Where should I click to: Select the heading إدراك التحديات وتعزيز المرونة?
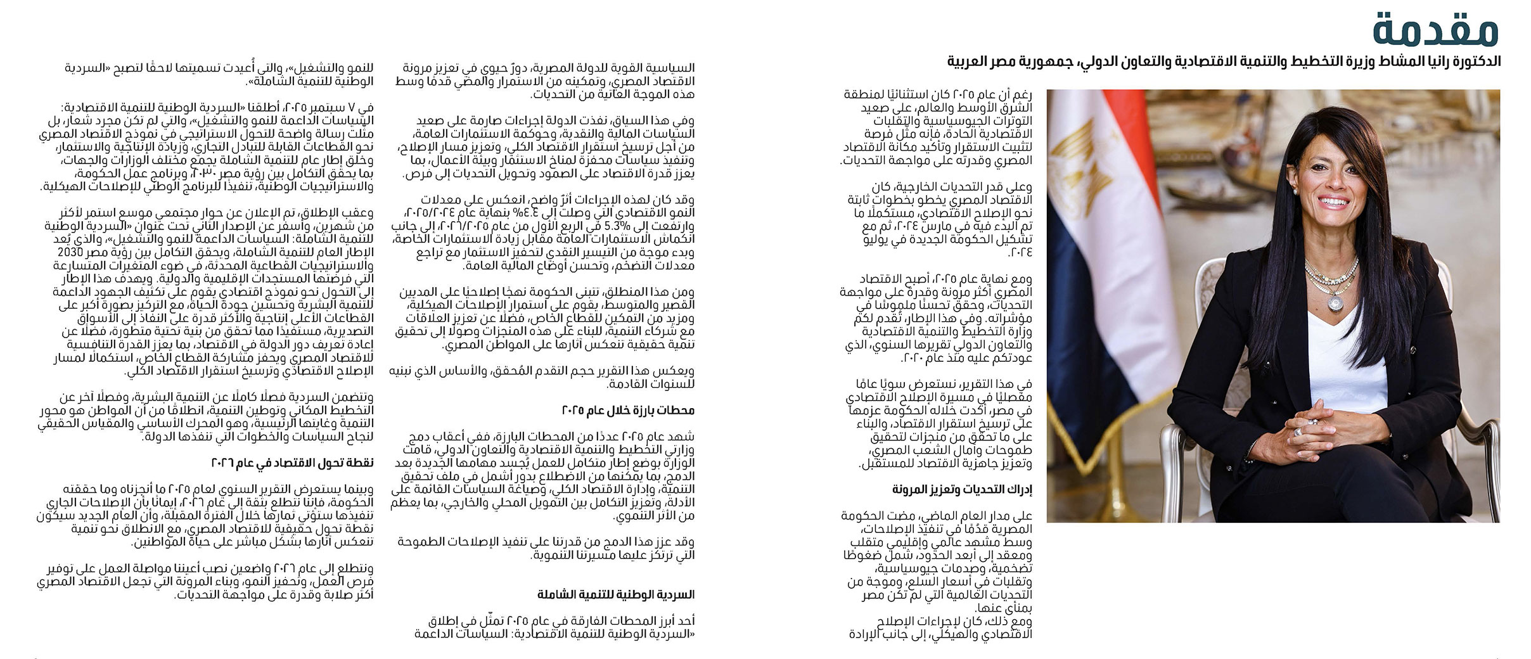tap(962, 490)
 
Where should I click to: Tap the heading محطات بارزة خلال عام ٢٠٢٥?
tap(628, 411)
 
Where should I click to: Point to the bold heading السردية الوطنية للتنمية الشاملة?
tap(616, 594)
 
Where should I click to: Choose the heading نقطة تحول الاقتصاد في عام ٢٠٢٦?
tap(292, 463)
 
